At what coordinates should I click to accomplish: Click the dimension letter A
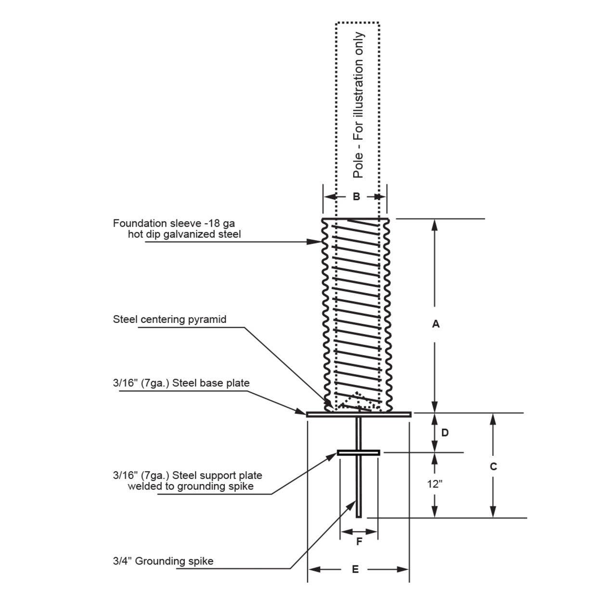436,324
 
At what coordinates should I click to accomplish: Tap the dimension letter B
356,196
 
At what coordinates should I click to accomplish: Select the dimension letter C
493,466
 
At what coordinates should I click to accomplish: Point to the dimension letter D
445,433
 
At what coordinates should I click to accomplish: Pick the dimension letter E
356,569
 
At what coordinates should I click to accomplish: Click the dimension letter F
359,542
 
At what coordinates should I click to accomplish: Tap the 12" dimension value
435,484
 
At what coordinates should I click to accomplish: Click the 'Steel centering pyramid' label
169,320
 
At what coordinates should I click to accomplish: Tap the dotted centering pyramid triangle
356,401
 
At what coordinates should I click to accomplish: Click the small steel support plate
359,452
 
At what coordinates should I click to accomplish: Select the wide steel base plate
359,414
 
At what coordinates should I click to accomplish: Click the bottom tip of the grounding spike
359,516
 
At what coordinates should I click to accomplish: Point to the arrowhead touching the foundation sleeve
317,242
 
